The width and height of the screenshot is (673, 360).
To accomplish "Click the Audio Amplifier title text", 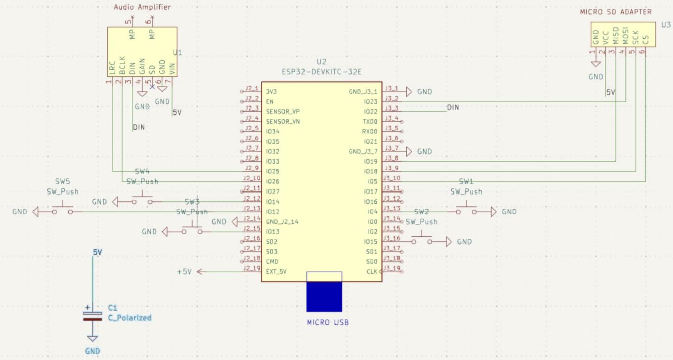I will coord(142,7).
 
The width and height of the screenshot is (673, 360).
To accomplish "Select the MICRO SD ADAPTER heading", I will coord(616,12).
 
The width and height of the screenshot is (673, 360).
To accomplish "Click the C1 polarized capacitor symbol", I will coord(92,316).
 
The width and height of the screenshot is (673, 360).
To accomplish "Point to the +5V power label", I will coord(184,272).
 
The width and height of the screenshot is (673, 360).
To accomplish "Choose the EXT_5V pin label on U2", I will coord(276,272).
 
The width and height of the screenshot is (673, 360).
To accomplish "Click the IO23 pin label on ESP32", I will coord(370,102).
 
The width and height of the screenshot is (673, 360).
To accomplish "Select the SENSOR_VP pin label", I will coord(283,112).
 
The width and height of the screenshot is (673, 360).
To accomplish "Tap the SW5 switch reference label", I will coord(62,181).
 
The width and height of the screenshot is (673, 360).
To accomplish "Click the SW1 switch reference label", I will coord(466,182).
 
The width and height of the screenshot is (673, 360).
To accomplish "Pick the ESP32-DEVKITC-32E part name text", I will coord(321,72).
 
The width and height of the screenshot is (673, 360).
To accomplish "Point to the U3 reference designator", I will coord(666,25).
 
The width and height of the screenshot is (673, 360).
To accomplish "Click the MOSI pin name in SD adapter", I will coord(625,35).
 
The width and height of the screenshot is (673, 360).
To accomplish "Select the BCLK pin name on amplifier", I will coord(122,65).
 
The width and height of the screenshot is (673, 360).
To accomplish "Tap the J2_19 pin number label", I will coord(252,268).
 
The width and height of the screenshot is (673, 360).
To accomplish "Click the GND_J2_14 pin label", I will coord(282,222).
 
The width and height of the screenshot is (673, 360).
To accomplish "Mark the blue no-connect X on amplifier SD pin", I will coord(152,87).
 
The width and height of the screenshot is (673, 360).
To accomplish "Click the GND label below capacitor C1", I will coord(92,351).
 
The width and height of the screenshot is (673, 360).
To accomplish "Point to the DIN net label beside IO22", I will coord(453,108).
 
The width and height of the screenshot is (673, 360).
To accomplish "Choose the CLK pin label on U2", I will coord(372,272).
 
